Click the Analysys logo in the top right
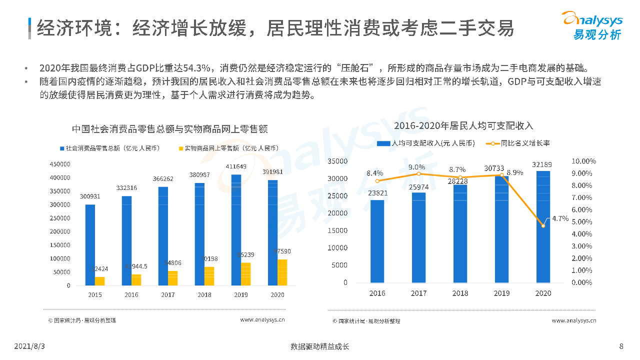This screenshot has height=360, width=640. (x=593, y=25)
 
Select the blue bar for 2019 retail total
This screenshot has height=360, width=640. (x=236, y=230)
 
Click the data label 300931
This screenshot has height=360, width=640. (x=90, y=196)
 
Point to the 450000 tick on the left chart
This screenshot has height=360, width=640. (x=59, y=164)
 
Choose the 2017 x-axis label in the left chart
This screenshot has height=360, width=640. (x=168, y=294)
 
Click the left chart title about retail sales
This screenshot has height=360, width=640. (x=169, y=129)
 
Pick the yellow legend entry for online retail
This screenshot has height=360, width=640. (x=227, y=148)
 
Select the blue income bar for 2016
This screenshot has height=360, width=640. (x=377, y=241)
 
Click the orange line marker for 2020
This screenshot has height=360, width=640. (x=543, y=225)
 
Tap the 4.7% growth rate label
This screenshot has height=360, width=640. (x=560, y=218)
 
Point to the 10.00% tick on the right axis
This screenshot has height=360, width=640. (x=583, y=161)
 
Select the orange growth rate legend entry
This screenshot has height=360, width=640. (x=518, y=143)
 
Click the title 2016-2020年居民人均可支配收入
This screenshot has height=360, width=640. (x=463, y=125)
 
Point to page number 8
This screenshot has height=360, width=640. (x=621, y=346)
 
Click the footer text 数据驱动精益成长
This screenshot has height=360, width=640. (x=320, y=346)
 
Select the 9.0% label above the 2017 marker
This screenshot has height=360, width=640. (x=417, y=167)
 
